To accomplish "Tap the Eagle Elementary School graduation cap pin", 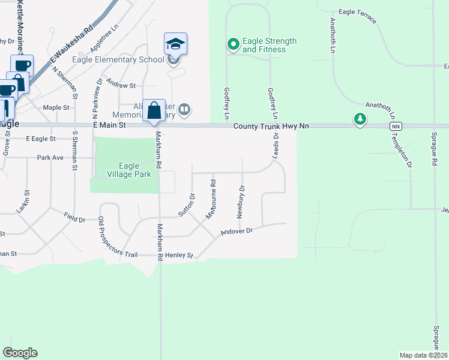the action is point(175,44).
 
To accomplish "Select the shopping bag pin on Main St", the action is point(154,110).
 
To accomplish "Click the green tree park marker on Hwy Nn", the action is point(360,119).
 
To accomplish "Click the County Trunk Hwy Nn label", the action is point(271,126).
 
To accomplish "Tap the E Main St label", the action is point(109,125).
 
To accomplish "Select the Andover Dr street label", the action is point(237,231).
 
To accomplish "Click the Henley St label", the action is point(179,256).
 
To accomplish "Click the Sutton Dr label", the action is point(186,205).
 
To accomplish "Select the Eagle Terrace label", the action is point(358,16).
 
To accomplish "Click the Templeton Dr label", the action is point(408,153).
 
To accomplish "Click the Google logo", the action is point(20,353).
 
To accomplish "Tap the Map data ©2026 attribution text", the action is point(423,355).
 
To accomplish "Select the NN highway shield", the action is point(396,127).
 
